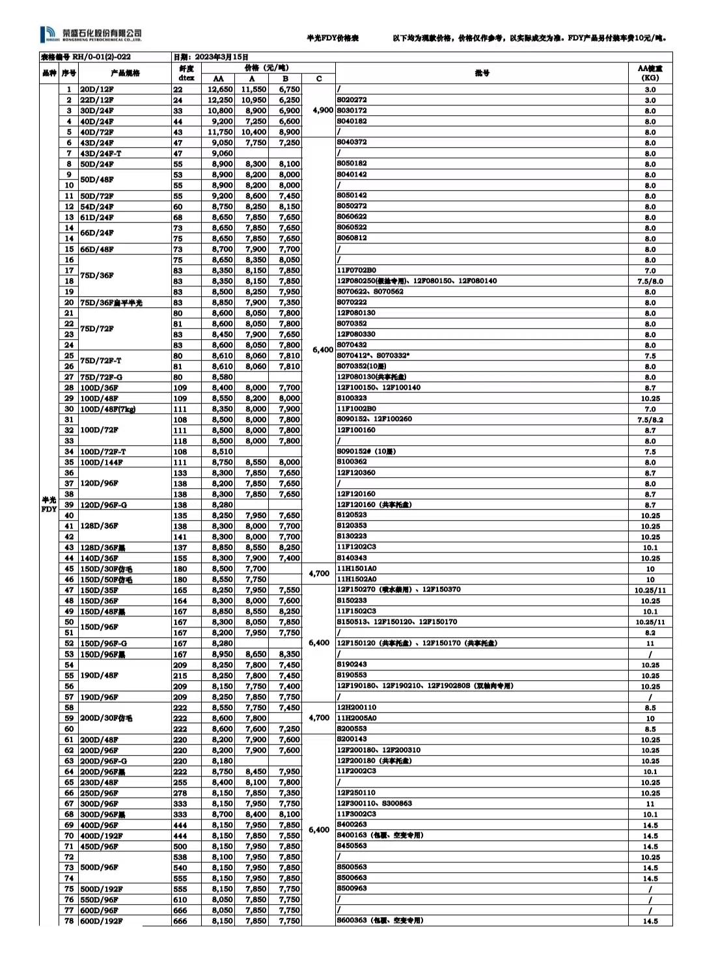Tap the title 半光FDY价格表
click(333, 38)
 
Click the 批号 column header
click(482, 73)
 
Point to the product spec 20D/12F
click(97, 90)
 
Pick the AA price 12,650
click(220, 90)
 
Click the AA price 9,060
click(222, 154)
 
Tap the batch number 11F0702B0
click(356, 270)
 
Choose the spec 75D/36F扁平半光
click(111, 303)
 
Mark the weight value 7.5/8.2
click(650, 420)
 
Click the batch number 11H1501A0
click(356, 568)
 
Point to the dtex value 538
click(180, 857)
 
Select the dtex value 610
click(180, 900)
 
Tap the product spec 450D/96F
click(99, 847)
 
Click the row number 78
click(69, 921)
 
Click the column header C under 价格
click(319, 79)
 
